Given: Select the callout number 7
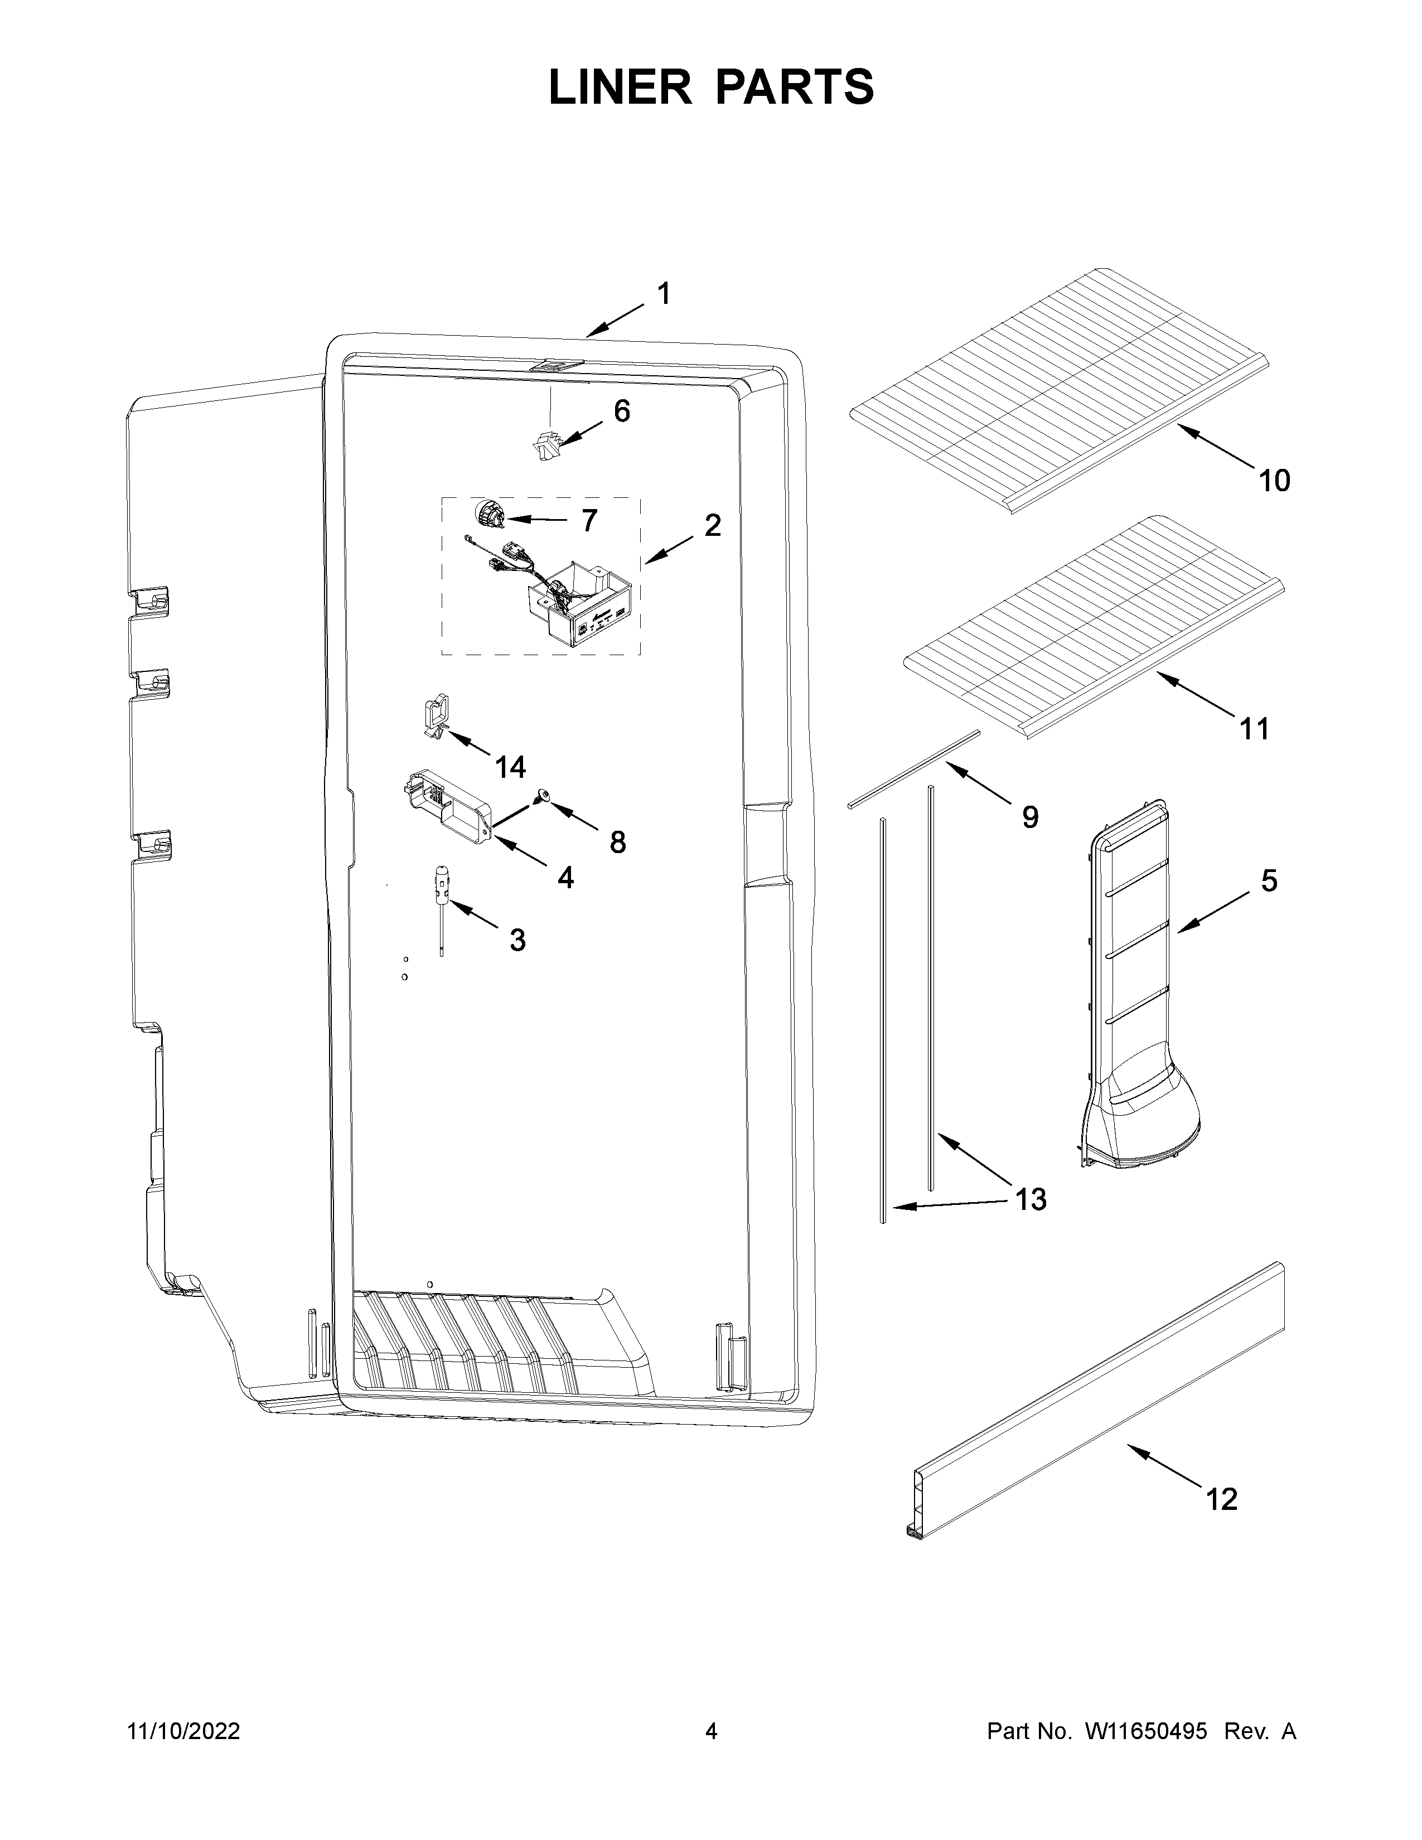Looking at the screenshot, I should coord(589,521).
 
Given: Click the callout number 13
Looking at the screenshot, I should coord(1031,1199).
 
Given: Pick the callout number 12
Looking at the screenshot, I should coord(1221,1499).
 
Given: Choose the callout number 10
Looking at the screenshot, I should coord(1274,481).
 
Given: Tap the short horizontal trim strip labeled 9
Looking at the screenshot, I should coord(914,768).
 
